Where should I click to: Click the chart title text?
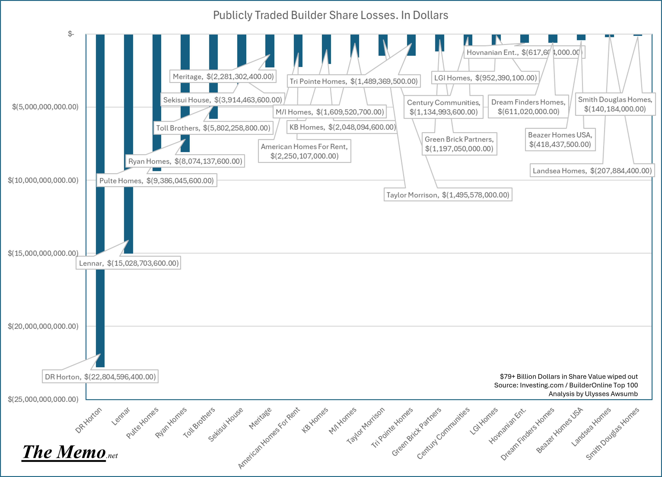[330, 15]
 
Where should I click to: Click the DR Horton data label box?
[100, 377]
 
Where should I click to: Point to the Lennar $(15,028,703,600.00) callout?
[128, 263]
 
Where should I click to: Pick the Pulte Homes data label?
[156, 181]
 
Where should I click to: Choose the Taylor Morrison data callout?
[448, 195]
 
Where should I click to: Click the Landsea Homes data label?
[592, 171]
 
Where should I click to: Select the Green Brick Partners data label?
[459, 144]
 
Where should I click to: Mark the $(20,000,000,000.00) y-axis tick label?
[43, 326]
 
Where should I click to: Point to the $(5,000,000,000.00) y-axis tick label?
[45, 107]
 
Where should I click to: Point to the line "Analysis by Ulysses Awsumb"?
[593, 394]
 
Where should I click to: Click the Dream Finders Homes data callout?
[528, 107]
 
